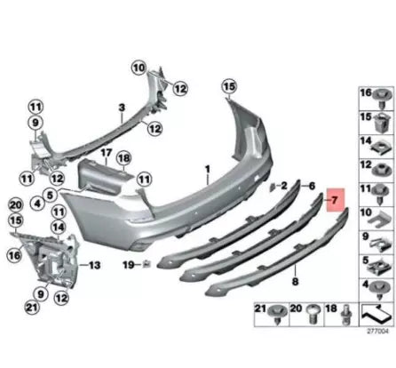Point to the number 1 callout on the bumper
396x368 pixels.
[x=206, y=167]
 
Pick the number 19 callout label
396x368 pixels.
[x=129, y=264]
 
